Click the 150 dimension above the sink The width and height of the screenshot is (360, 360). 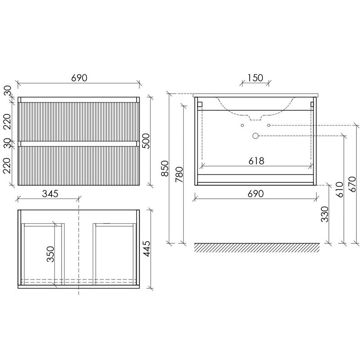pyautogui.click(x=256, y=78)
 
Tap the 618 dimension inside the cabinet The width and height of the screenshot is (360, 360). pyautogui.click(x=256, y=161)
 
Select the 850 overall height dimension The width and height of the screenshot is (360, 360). pyautogui.click(x=165, y=168)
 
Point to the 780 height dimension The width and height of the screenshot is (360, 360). pyautogui.click(x=179, y=175)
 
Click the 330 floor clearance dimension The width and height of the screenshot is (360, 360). pyautogui.click(x=325, y=214)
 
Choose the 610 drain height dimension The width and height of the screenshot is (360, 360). pyautogui.click(x=339, y=189)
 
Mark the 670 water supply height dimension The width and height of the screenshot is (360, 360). pyautogui.click(x=352, y=184)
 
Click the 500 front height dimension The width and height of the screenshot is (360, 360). pyautogui.click(x=145, y=141)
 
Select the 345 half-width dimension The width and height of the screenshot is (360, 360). pyautogui.click(x=50, y=194)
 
